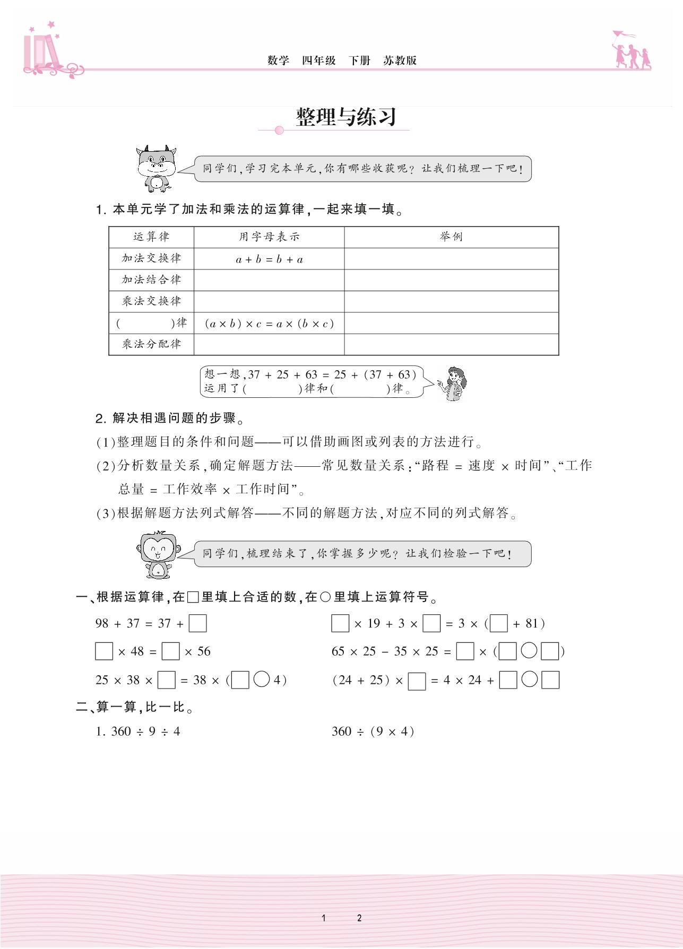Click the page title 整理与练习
[345, 117]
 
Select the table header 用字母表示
[269, 237]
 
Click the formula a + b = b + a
[269, 259]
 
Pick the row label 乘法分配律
[151, 344]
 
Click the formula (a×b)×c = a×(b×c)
[269, 324]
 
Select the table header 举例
[451, 237]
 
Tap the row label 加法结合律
[151, 280]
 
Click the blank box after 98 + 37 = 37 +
[197, 623]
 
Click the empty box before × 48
[104, 651]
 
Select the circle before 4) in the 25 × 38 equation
[262, 680]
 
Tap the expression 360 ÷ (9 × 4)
[373, 732]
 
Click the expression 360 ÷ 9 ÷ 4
[138, 732]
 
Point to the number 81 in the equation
[532, 624]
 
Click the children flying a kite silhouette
[631, 50]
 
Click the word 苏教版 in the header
[400, 60]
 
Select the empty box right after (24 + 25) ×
[417, 681]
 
